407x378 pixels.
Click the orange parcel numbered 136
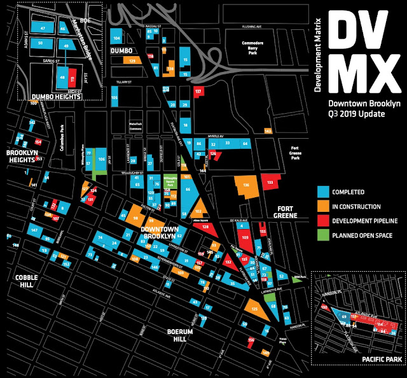pos(245,186)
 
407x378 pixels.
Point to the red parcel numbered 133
pos(270,182)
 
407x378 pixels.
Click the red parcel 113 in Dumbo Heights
pos(72,80)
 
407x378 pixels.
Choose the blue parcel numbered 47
pos(43,29)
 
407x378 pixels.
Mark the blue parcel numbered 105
pos(115,98)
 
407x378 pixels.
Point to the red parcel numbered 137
pos(198,92)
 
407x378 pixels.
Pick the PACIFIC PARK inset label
pos(382,360)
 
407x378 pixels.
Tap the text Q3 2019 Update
pos(353,115)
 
